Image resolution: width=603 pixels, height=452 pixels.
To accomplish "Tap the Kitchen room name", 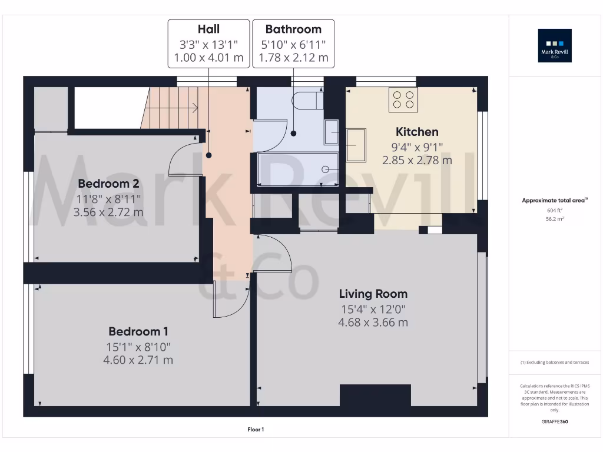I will tap(417, 132).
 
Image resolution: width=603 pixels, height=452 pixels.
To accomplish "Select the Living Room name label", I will tap(373, 294).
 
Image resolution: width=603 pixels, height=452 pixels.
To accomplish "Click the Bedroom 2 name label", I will tap(108, 182).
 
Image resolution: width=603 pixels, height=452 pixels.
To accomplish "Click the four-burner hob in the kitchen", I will tap(403, 99).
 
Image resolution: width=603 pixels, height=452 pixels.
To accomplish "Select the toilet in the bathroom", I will tap(307, 101).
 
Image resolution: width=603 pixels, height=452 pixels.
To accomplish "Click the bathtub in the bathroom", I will tap(298, 169).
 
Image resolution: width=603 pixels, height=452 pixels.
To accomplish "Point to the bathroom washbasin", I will tap(332, 132).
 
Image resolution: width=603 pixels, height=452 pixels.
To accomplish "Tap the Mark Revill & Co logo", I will tap(555, 46).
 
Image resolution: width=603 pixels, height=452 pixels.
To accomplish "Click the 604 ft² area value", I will tap(555, 210).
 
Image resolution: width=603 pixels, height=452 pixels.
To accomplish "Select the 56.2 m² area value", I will tap(555, 218).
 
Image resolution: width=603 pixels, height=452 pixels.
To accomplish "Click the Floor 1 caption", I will tap(256, 430).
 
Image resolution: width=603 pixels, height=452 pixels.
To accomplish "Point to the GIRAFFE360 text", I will tap(555, 422).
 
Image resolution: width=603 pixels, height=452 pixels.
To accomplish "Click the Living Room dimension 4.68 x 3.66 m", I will tap(373, 323).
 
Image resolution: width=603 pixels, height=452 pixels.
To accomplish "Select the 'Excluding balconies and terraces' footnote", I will tap(555, 363).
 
